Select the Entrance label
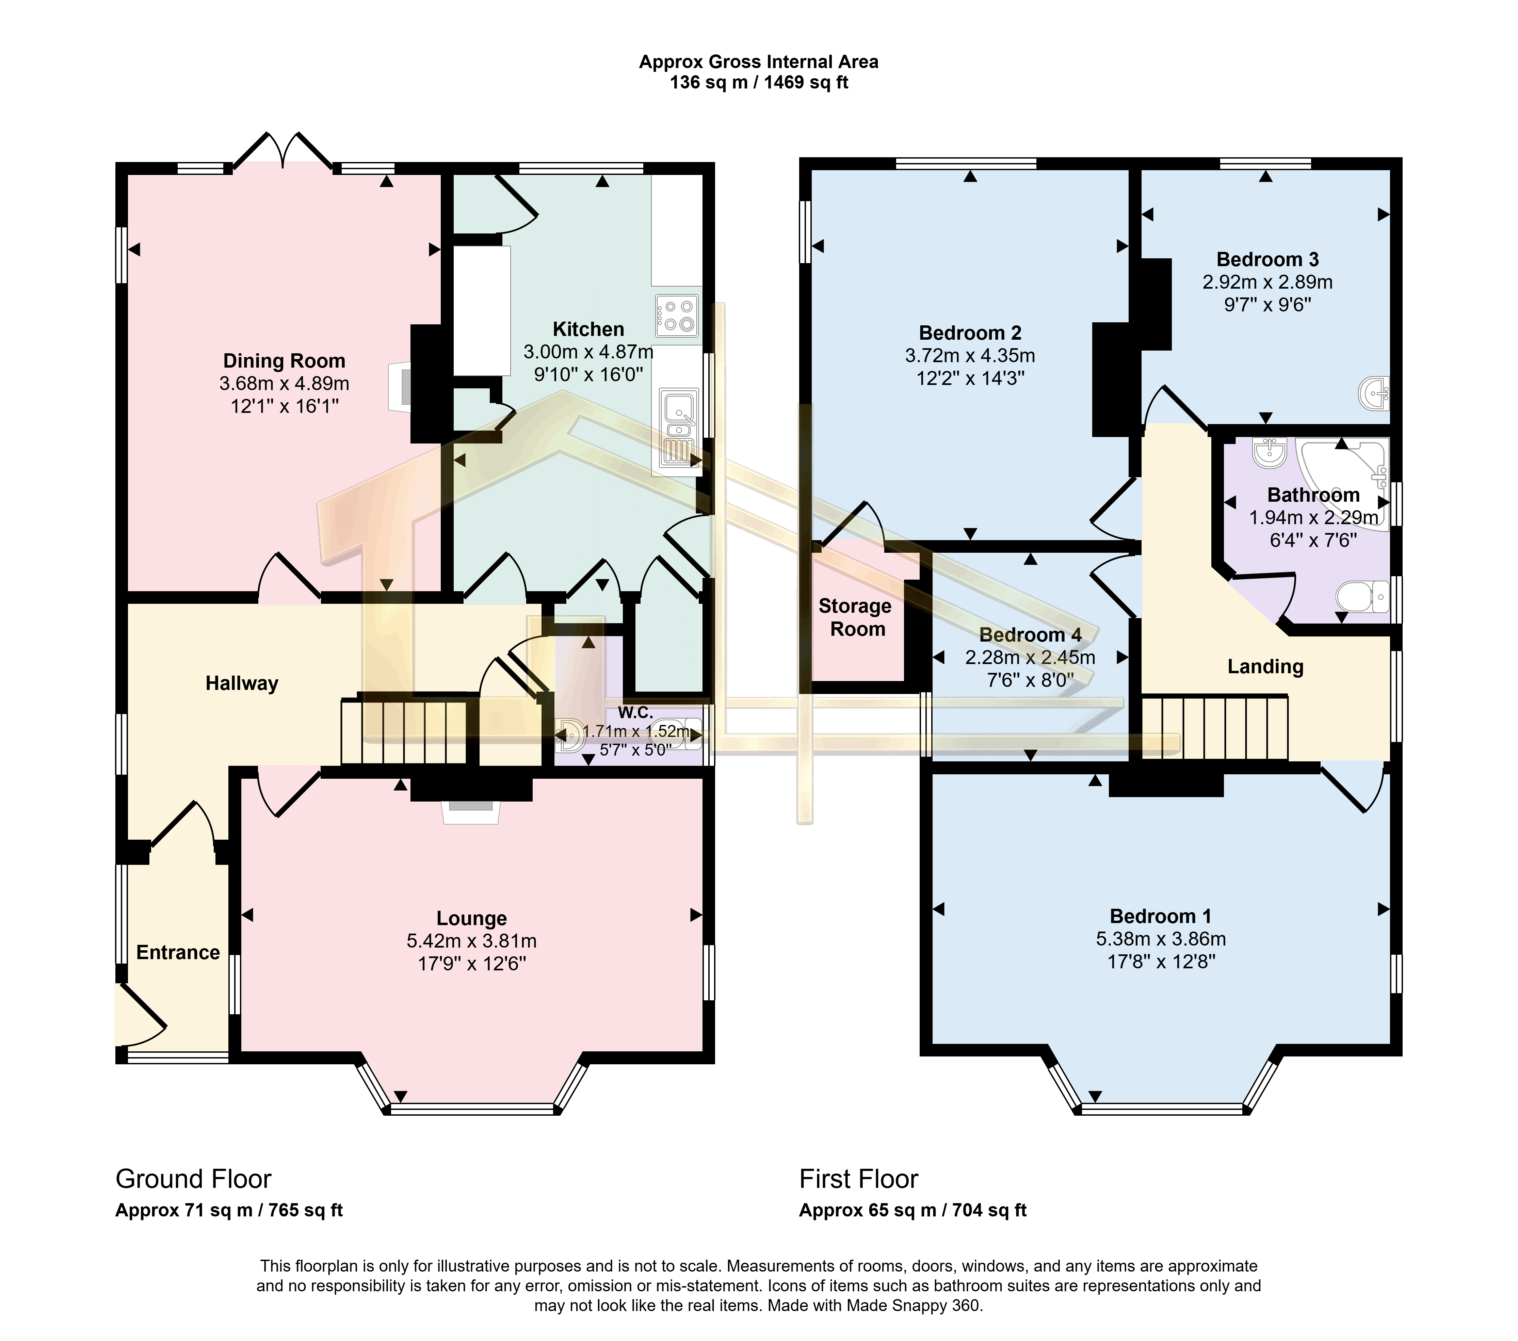[178, 953]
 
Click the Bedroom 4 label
[1030, 635]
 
